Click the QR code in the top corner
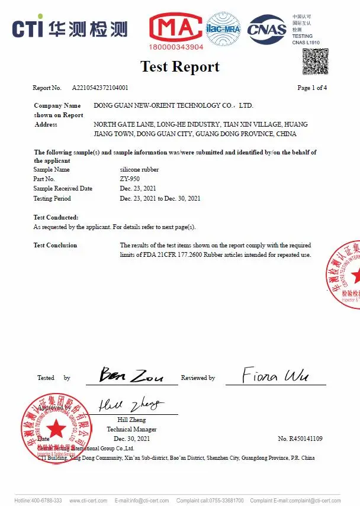click(x=315, y=62)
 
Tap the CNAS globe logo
click(x=266, y=29)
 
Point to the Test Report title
click(x=180, y=66)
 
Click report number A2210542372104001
click(x=100, y=88)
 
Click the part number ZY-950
click(x=130, y=179)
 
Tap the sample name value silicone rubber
click(x=139, y=169)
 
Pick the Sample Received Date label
click(x=63, y=188)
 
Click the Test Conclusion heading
click(x=55, y=245)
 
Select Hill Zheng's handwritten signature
click(x=130, y=405)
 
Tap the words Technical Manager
click(x=131, y=429)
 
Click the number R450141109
click(x=300, y=439)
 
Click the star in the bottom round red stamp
click(x=56, y=427)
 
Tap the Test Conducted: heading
click(x=56, y=218)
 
